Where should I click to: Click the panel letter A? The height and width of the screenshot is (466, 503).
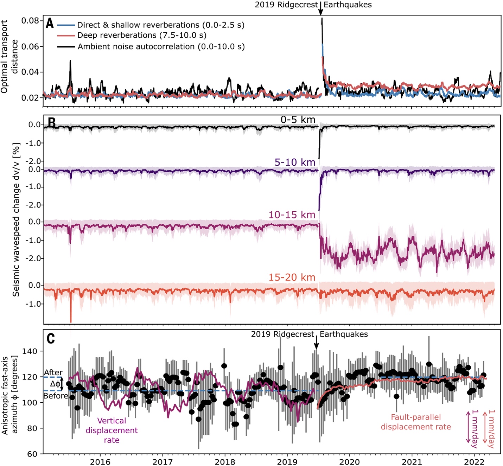pyautogui.click(x=50, y=24)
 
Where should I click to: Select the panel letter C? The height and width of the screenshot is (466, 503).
pyautogui.click(x=51, y=338)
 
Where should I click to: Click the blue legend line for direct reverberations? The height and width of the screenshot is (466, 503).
pyautogui.click(x=66, y=25)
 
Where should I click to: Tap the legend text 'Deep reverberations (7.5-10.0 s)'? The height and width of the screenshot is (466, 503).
pyautogui.click(x=141, y=35)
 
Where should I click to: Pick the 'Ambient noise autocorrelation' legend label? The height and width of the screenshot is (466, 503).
pyautogui.click(x=161, y=46)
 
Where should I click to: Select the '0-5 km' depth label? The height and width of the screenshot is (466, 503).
pyautogui.click(x=298, y=120)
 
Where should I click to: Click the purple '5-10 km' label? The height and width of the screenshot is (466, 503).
pyautogui.click(x=295, y=162)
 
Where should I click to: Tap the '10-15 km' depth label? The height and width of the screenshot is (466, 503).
pyautogui.click(x=292, y=215)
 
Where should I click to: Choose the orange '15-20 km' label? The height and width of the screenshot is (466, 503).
pyautogui.click(x=292, y=277)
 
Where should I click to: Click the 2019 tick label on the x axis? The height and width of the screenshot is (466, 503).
pyautogui.click(x=287, y=461)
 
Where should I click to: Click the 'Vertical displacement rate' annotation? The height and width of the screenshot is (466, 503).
pyautogui.click(x=112, y=430)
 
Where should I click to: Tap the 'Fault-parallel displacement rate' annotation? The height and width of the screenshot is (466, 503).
pyautogui.click(x=416, y=422)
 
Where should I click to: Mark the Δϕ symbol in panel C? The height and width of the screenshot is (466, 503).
pyautogui.click(x=55, y=384)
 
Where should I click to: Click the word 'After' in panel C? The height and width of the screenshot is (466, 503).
pyautogui.click(x=53, y=372)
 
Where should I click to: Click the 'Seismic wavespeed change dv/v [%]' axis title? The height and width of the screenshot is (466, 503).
pyautogui.click(x=16, y=219)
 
